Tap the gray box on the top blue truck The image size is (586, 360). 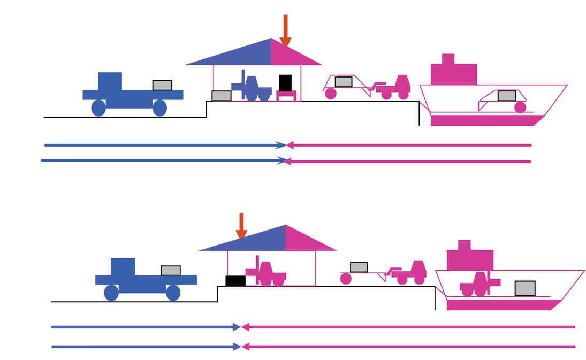(x=162, y=85)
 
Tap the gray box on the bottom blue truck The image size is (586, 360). (x=171, y=271)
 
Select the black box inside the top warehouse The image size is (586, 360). (x=285, y=83)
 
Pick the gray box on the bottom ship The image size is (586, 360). (x=525, y=288)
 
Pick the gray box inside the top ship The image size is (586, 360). (x=507, y=96)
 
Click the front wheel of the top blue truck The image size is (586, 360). (x=159, y=108)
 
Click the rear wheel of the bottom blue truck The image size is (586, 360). (x=111, y=293)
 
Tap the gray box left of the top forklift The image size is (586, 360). (x=222, y=96)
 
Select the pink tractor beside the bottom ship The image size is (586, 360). (x=411, y=273)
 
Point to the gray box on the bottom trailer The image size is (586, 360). (x=359, y=267)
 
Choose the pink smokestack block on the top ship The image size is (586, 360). (x=448, y=59)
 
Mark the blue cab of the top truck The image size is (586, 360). (x=110, y=81)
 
